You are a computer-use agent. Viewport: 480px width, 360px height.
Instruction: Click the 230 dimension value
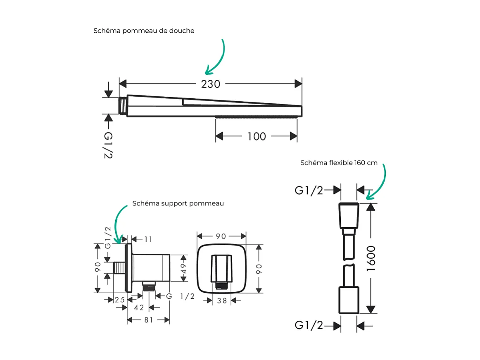(x=211, y=84)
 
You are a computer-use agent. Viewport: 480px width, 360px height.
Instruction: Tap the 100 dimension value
(x=257, y=136)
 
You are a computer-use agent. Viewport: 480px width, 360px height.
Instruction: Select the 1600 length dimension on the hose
(x=371, y=258)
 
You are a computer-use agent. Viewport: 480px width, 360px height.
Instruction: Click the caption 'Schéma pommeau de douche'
(x=144, y=31)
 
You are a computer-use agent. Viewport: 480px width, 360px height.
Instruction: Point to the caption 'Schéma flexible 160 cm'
(x=339, y=163)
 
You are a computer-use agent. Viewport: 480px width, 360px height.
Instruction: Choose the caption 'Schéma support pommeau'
(x=178, y=203)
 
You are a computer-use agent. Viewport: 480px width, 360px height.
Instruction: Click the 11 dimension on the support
(x=148, y=239)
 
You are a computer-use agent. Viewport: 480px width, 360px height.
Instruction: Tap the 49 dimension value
(x=183, y=268)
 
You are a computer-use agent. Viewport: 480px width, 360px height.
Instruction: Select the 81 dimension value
(x=148, y=320)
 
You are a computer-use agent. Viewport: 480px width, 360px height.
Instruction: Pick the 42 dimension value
(x=139, y=308)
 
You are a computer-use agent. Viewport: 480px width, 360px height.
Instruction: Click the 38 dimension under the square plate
(x=222, y=301)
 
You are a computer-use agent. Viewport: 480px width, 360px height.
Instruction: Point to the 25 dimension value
(x=120, y=300)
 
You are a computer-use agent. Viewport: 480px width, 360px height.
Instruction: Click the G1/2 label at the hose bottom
(x=309, y=325)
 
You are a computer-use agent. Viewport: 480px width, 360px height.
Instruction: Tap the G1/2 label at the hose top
(x=309, y=191)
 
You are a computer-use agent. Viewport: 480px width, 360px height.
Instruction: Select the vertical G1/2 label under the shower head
(x=108, y=145)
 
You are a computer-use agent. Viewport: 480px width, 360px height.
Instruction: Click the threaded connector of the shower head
(x=123, y=106)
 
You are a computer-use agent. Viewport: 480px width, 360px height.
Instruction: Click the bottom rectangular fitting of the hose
(x=349, y=300)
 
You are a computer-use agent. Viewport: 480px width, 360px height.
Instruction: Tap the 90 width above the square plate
(x=221, y=236)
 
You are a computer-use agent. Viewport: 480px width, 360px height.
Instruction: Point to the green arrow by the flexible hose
(x=378, y=183)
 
